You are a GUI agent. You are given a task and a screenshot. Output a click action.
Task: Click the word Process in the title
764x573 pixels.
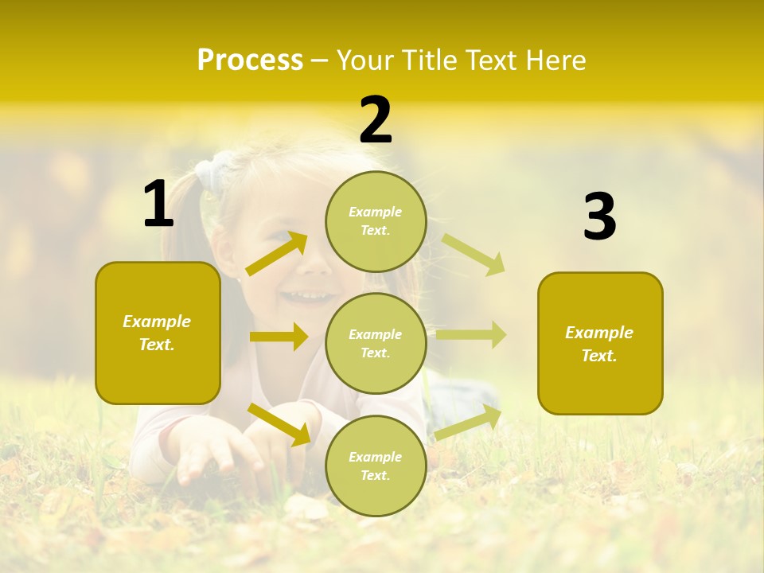(250, 60)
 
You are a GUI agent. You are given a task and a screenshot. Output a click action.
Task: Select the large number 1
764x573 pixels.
(158, 205)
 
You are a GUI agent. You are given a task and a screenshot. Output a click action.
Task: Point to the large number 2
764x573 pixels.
(376, 120)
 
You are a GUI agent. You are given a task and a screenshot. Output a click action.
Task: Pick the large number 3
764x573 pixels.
(599, 216)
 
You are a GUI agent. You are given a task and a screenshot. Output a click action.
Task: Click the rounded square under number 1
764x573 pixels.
(158, 333)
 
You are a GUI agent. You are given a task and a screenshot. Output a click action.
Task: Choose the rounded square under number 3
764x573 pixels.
(600, 343)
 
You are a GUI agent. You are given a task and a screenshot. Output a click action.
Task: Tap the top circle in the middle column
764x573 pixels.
(376, 221)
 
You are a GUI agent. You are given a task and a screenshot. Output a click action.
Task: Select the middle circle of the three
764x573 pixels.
(376, 343)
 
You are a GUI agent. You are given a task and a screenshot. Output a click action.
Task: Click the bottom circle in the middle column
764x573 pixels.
(376, 466)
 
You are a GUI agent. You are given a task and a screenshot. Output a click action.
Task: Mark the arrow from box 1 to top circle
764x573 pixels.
(277, 253)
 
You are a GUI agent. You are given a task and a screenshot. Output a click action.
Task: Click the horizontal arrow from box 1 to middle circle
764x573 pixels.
(279, 337)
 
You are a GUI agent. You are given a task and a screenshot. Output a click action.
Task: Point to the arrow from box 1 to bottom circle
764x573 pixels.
(279, 424)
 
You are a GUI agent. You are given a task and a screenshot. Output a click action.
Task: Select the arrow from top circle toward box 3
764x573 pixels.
(474, 254)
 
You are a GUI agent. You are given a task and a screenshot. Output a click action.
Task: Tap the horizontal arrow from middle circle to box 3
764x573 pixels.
(471, 334)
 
